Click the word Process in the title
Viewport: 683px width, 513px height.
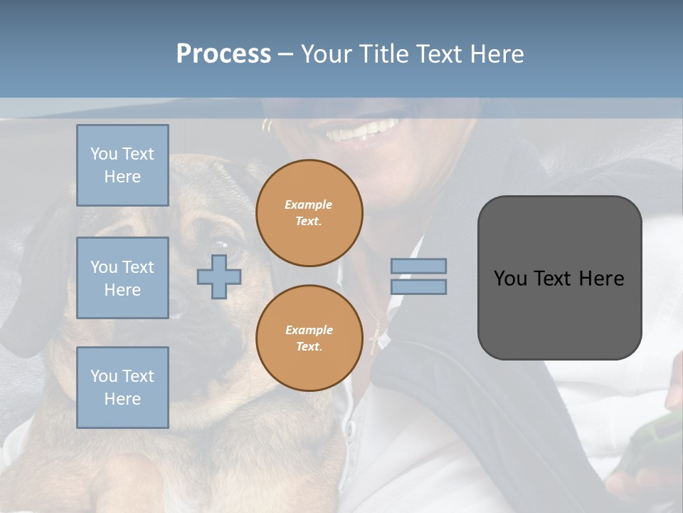(x=223, y=54)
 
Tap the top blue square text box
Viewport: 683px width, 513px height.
(x=122, y=165)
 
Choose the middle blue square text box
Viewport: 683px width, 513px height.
(x=122, y=278)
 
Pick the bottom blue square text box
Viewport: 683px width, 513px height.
(x=122, y=388)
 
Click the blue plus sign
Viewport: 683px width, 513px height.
(x=219, y=276)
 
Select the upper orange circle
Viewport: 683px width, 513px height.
(x=309, y=213)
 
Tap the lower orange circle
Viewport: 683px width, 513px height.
(x=309, y=338)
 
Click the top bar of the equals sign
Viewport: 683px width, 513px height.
(x=418, y=266)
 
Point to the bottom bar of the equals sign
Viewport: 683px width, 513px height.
(x=418, y=286)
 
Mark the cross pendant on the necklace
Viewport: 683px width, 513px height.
(x=376, y=341)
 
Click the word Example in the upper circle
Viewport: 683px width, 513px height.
(x=309, y=204)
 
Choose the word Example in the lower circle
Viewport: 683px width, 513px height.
(x=309, y=330)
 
